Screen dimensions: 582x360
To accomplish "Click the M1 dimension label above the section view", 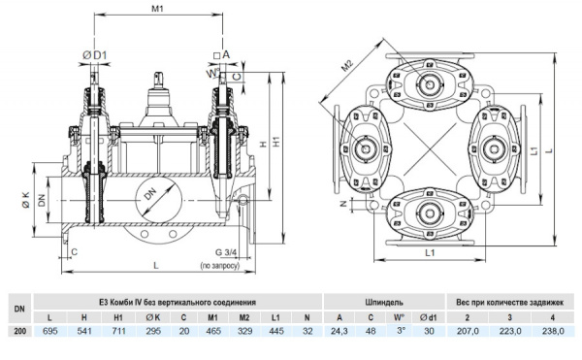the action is coord(157,9).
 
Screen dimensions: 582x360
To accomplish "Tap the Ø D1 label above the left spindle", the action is coord(94,55).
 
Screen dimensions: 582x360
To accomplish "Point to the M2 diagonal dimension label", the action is coord(347,66).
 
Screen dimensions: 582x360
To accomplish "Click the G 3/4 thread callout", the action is coord(226,252).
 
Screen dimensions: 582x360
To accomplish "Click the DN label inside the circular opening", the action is coord(150,193).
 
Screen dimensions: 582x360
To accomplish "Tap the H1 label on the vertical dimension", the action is coord(276,142).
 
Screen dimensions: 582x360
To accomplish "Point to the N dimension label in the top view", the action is coord(344,204).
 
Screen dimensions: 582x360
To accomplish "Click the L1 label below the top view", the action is coord(430,252).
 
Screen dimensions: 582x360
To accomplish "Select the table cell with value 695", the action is coord(50,331).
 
